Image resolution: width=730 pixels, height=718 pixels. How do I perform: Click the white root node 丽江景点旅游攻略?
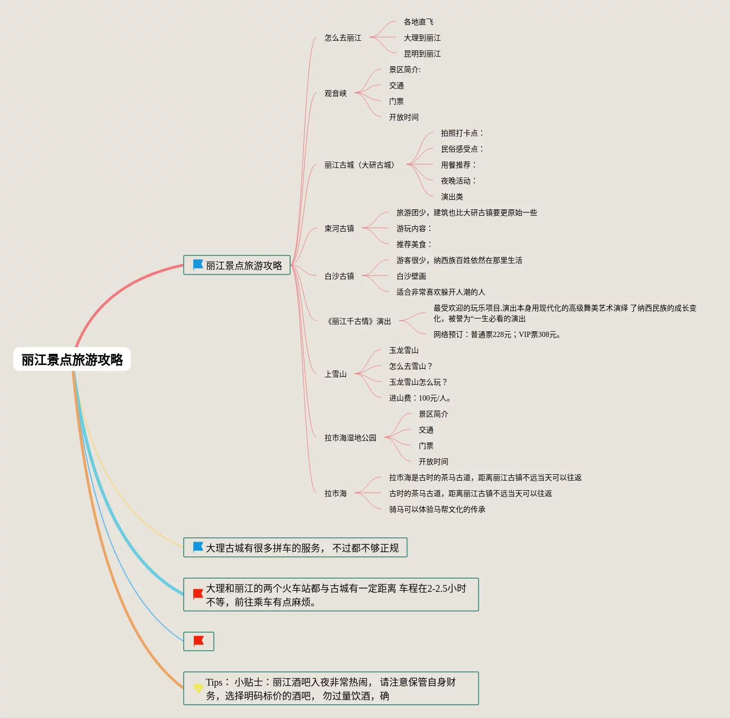click(72, 359)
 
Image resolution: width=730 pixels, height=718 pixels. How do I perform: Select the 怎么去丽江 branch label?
click(343, 38)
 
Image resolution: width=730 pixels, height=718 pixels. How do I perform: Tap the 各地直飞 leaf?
click(418, 22)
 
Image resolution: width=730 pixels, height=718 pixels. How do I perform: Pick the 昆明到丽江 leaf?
click(422, 54)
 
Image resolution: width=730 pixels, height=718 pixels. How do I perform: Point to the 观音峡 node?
click(336, 93)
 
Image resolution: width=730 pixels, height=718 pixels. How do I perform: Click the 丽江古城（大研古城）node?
click(359, 165)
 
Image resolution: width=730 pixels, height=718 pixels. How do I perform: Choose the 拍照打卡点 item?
click(461, 133)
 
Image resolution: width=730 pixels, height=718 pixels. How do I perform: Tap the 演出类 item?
click(452, 197)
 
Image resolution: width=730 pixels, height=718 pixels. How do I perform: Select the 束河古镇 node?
click(339, 228)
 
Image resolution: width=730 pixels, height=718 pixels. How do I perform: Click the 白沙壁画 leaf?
click(411, 276)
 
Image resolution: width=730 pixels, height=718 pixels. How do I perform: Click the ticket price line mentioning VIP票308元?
click(497, 334)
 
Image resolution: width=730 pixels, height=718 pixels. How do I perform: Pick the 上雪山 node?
click(336, 374)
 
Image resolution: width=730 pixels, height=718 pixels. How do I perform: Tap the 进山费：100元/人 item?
click(420, 398)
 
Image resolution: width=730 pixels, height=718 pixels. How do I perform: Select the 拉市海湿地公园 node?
click(350, 438)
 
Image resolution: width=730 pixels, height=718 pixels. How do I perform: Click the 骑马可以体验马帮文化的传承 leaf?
click(437, 509)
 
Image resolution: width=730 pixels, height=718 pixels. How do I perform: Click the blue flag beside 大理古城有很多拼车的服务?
click(198, 547)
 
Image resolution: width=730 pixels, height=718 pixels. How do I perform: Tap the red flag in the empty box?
click(199, 641)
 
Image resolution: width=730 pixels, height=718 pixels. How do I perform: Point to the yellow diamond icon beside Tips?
click(198, 688)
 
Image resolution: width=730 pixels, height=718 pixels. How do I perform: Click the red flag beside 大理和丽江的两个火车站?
click(198, 594)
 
